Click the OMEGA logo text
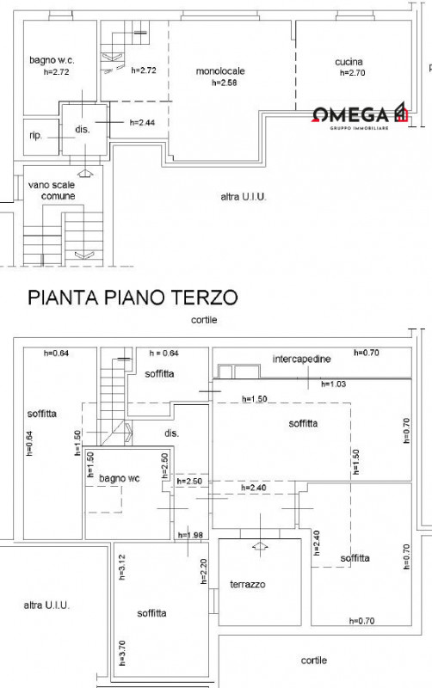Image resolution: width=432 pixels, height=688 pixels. [x=351, y=115]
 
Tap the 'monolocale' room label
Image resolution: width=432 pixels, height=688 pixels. [x=220, y=71]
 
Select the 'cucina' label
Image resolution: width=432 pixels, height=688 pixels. [x=349, y=62]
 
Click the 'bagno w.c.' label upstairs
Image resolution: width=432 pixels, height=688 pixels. [x=52, y=60]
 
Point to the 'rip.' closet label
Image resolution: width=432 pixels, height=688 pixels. [x=35, y=136]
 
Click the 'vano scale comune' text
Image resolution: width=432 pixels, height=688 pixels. [x=52, y=190]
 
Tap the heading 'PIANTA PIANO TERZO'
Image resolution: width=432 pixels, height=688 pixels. [x=133, y=297]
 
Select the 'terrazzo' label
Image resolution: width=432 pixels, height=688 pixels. [x=248, y=585]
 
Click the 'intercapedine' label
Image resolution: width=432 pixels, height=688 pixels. [x=301, y=359]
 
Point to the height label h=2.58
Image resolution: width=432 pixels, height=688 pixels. [x=225, y=83]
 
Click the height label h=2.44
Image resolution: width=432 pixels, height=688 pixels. [x=142, y=123]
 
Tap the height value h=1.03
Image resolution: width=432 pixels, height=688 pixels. [x=334, y=384]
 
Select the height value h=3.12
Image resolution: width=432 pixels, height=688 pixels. [x=122, y=567]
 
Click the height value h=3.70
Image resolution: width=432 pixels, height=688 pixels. [x=122, y=653]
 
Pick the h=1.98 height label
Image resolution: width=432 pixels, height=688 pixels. [x=190, y=535]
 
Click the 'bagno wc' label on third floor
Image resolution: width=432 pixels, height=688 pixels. [x=120, y=478]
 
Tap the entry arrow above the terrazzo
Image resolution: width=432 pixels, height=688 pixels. [x=261, y=546]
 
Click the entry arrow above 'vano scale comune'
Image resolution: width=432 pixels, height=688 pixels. [x=84, y=174]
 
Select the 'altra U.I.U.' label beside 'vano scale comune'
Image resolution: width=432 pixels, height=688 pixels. [x=244, y=197]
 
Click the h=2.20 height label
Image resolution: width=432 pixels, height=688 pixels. [x=203, y=571]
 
